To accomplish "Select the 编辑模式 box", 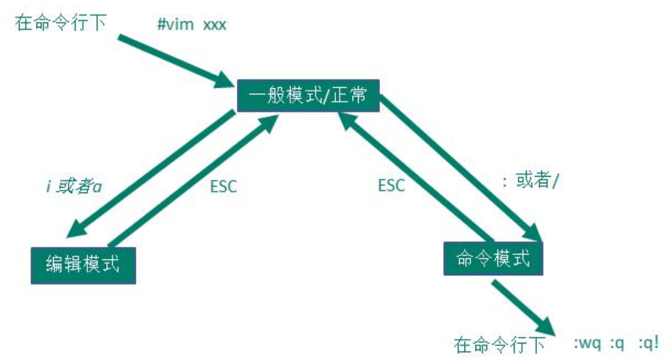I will click(83, 264).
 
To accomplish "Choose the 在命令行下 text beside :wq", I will click(499, 345).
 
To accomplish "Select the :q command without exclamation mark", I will click(617, 344).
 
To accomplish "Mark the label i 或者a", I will click(73, 186).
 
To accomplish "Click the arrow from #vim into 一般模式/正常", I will click(174, 61).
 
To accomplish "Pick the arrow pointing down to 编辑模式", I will click(152, 174).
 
